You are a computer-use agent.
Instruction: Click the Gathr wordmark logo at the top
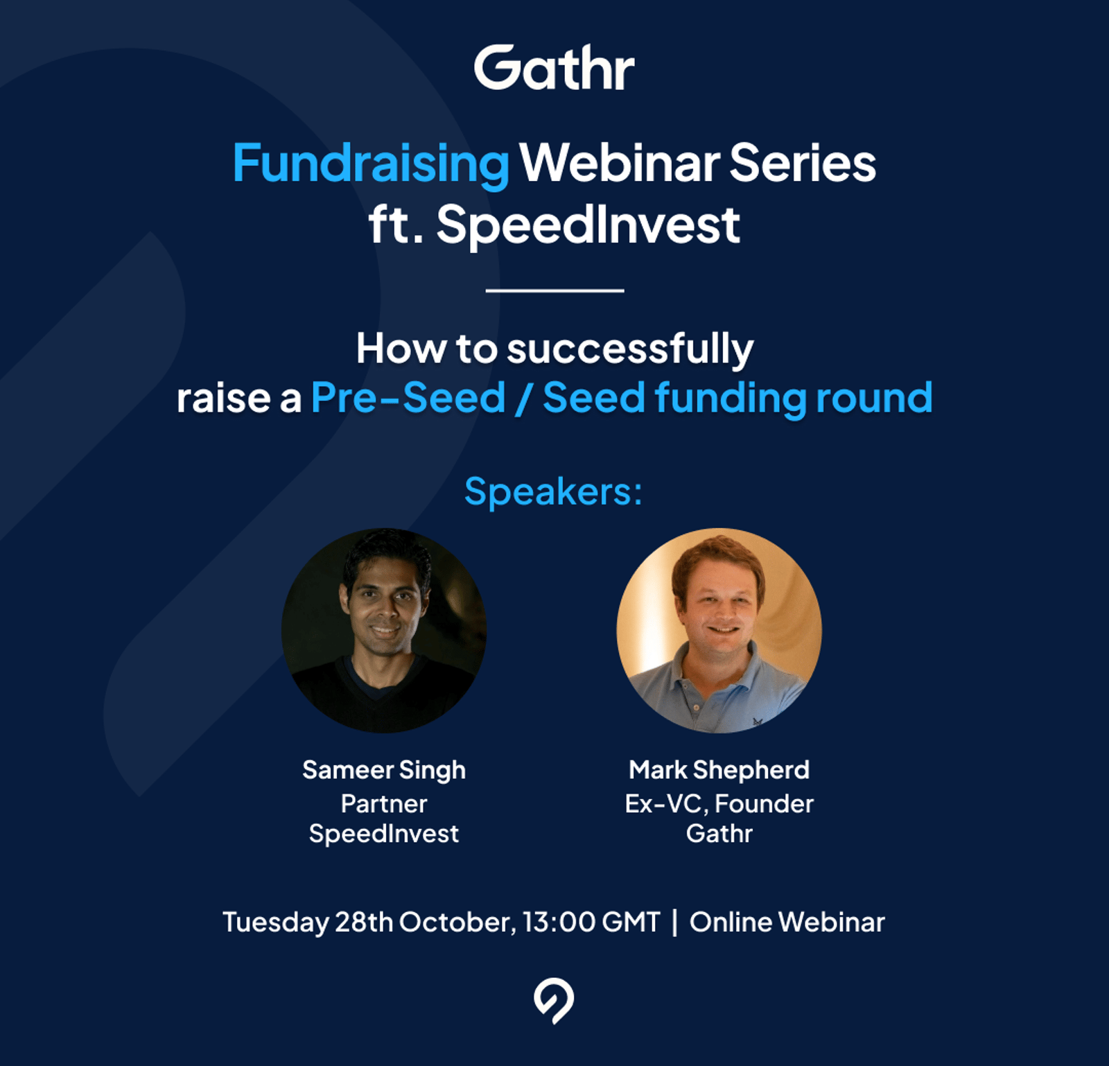point(554,68)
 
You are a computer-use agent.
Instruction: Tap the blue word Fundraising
point(371,164)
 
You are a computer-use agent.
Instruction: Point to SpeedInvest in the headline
point(588,225)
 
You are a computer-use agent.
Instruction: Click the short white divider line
point(554,290)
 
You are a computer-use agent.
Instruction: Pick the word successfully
point(630,349)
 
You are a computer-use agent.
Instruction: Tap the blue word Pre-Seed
point(408,398)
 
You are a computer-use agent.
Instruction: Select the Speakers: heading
point(553,492)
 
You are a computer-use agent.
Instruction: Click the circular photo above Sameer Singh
point(384,630)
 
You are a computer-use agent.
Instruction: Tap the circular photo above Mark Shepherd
point(719,630)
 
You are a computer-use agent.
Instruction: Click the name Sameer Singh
point(384,771)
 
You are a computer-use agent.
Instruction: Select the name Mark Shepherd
point(719,769)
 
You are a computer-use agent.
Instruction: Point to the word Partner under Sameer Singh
point(384,803)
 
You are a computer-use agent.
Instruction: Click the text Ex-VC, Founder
point(719,804)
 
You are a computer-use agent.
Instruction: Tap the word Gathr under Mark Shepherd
point(719,833)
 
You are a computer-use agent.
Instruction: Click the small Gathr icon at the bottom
point(554,1002)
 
